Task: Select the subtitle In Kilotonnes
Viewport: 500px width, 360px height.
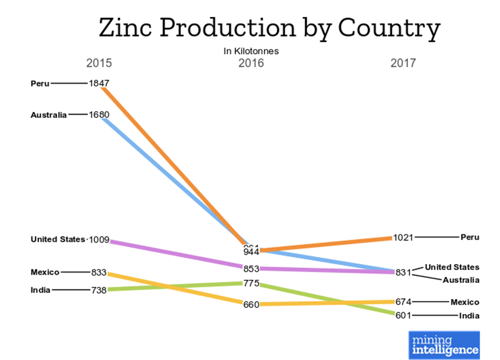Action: click(251, 51)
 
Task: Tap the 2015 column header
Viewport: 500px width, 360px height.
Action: click(98, 64)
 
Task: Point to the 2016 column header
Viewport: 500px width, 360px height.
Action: click(251, 64)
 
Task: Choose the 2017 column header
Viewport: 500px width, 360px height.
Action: click(403, 64)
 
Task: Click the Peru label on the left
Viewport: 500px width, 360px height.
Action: click(40, 83)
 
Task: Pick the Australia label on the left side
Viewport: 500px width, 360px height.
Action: click(48, 115)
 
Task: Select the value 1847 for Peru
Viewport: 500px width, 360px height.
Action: click(98, 83)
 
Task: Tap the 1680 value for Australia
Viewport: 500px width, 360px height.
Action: click(98, 114)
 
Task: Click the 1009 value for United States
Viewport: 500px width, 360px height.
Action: click(98, 239)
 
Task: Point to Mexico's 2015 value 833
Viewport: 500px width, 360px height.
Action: click(98, 272)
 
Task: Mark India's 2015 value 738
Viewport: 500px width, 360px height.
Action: click(98, 290)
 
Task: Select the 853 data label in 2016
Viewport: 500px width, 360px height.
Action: click(251, 269)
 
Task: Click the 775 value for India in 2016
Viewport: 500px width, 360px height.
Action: click(251, 283)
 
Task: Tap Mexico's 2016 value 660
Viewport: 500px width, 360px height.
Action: click(251, 304)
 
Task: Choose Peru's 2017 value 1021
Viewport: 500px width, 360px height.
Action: click(403, 237)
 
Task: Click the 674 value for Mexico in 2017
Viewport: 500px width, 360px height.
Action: click(403, 302)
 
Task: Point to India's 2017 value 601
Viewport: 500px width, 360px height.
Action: click(403, 315)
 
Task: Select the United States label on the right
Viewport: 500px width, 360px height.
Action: click(452, 267)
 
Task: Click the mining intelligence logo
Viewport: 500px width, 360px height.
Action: click(444, 345)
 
